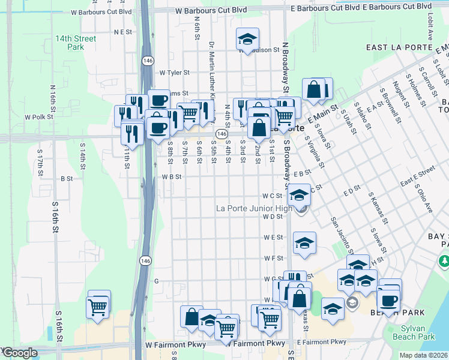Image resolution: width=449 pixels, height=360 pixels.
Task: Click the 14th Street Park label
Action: [76, 42]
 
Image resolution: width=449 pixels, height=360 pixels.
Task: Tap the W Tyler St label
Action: [175, 73]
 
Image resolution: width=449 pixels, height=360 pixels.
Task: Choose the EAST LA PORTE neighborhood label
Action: [399, 47]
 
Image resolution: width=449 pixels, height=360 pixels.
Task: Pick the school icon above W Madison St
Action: [247, 40]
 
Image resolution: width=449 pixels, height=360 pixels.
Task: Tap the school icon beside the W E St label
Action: [304, 244]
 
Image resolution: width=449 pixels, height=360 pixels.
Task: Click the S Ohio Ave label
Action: [423, 197]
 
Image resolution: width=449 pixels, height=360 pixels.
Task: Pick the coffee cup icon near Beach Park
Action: [388, 301]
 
